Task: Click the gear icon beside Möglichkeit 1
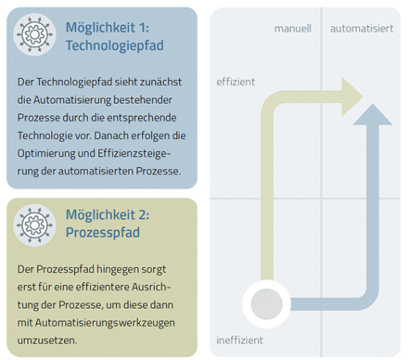point(34,34)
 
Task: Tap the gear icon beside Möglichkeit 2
point(34,225)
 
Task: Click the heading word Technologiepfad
point(115,45)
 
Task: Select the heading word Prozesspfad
point(103,233)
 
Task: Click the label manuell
point(293,29)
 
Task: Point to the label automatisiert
point(362,29)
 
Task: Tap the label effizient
point(236,82)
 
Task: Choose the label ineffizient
point(239,341)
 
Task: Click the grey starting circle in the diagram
point(266,304)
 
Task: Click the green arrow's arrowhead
point(351,96)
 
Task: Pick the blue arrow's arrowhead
point(373,115)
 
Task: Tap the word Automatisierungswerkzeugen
point(105,323)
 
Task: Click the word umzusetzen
point(47,341)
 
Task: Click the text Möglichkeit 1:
point(108,28)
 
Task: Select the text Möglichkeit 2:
point(108,215)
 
